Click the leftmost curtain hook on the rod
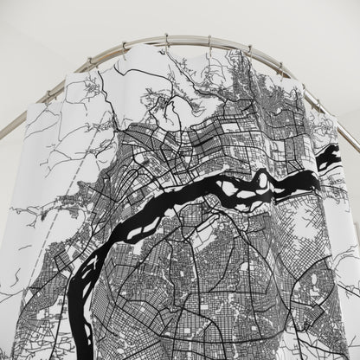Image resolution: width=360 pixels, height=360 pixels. pos(88,63)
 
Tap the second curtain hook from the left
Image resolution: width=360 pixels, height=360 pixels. pos(124,48)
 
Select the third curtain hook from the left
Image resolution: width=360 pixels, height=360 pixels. pos(164,41)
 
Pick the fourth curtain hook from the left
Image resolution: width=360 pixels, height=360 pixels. pos(208,42)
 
